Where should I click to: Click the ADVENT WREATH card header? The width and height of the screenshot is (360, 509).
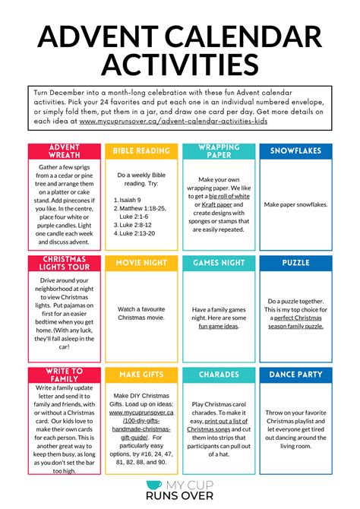(x=64, y=150)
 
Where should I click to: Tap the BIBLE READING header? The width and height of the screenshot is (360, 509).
(x=141, y=150)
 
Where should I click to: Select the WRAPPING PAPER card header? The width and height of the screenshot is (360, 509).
(x=219, y=150)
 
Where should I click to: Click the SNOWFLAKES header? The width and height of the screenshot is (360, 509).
(x=295, y=150)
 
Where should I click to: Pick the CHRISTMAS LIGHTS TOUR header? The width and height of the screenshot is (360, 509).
(x=64, y=263)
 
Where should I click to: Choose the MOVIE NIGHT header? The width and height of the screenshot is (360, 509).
(x=141, y=263)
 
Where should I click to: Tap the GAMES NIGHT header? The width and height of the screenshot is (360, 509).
(x=219, y=263)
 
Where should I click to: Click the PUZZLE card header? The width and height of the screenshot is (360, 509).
(x=295, y=263)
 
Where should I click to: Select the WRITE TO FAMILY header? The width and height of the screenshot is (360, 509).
(x=64, y=375)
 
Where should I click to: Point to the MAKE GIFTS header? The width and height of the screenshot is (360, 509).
(x=141, y=375)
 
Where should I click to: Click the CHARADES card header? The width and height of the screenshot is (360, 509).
(x=219, y=375)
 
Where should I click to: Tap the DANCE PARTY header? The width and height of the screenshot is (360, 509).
(x=295, y=375)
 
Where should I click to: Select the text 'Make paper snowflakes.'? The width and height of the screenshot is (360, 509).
(x=295, y=204)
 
